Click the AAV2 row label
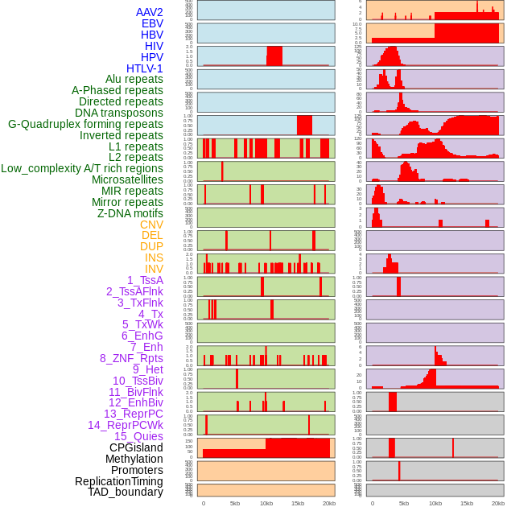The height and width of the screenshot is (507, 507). point(149,12)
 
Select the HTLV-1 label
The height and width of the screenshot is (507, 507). point(144,68)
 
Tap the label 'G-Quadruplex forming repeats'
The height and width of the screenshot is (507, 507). point(85,124)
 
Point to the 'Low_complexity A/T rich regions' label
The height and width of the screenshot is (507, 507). point(82,168)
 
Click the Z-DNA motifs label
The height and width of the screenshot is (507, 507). point(130,213)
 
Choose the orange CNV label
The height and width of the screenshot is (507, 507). point(151,225)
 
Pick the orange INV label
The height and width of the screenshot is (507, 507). point(154,269)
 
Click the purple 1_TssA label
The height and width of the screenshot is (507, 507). point(145,280)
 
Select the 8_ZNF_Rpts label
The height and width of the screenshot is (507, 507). point(131,358)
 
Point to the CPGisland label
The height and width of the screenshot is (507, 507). point(136,447)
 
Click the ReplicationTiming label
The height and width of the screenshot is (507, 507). point(118,481)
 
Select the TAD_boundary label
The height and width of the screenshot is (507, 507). point(125,492)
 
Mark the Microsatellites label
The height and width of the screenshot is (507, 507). point(127,179)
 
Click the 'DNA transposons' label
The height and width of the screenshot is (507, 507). point(119,113)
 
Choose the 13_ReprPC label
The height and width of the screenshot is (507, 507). point(133,414)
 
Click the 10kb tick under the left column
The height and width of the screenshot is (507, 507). point(266,503)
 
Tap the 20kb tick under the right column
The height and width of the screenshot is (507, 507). point(498,503)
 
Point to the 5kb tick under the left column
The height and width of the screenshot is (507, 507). point(235,503)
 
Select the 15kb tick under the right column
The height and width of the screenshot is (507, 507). point(467,503)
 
